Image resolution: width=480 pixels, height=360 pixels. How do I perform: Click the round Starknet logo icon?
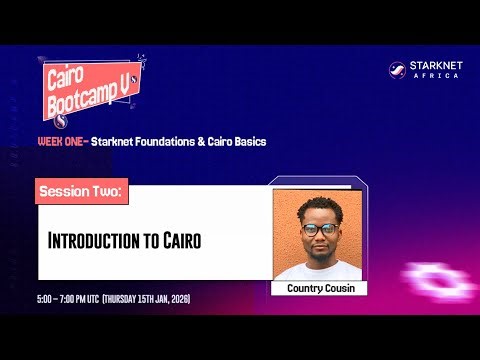point(397,70)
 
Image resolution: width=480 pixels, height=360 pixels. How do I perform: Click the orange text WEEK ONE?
point(61,142)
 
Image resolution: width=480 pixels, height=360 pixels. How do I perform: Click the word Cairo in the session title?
point(184,240)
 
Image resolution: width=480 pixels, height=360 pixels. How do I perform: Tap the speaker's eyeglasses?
point(318,229)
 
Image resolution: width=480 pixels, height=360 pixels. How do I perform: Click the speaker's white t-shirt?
point(318,271)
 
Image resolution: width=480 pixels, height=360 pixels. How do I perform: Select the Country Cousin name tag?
point(319,288)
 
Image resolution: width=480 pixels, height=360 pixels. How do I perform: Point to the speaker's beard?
point(319,250)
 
